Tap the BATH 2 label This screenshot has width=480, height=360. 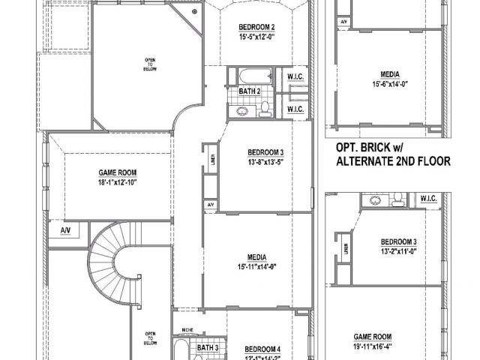click(250, 91)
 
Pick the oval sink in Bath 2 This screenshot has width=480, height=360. click(242, 112)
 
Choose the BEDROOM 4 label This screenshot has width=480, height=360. click(262, 348)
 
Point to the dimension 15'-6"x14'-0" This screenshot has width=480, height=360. click(389, 84)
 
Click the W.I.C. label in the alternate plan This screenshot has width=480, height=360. click(429, 199)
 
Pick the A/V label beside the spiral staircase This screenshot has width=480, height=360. click(66, 229)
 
